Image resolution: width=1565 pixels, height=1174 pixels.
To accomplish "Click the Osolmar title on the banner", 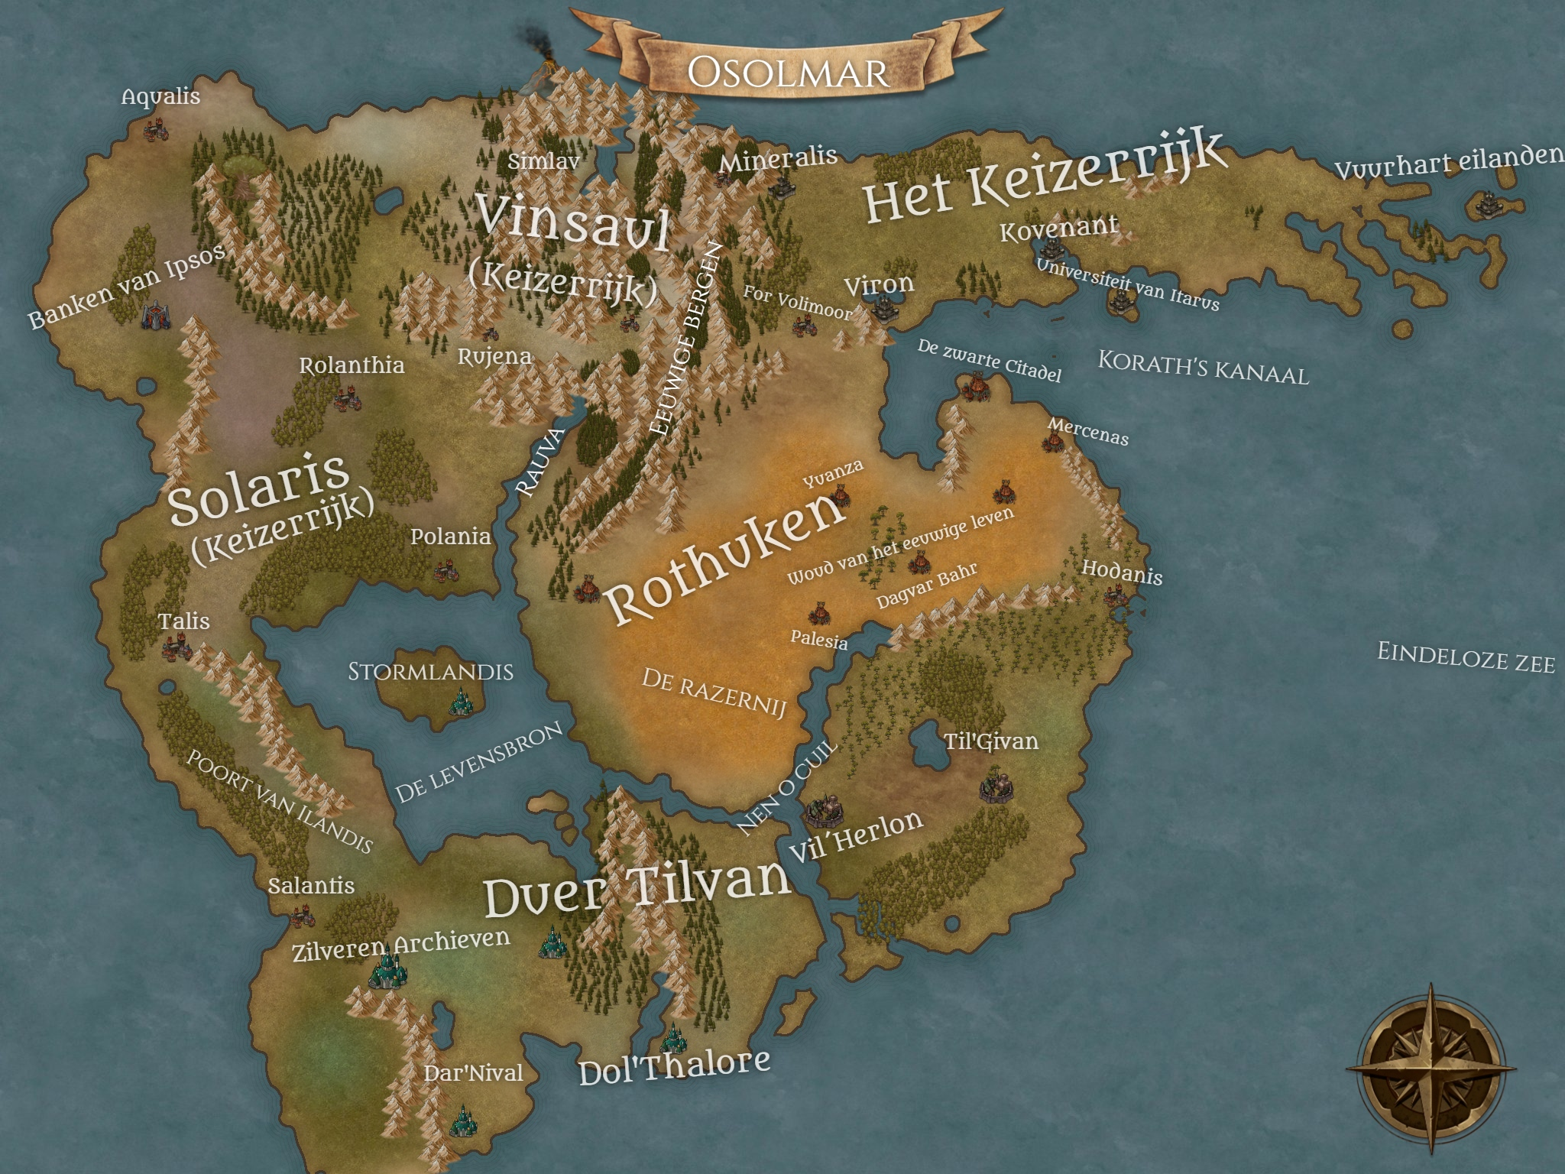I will pyautogui.click(x=788, y=73).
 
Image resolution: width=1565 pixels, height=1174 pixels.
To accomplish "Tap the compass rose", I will pyautogui.click(x=1431, y=1068).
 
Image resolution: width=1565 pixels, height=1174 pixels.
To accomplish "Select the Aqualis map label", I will pyautogui.click(x=160, y=97).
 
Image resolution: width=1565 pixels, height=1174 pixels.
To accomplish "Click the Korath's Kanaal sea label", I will pyautogui.click(x=1203, y=366).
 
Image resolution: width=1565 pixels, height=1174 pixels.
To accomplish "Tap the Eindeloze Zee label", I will pyautogui.click(x=1466, y=658).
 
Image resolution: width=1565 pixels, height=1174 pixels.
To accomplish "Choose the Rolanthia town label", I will pyautogui.click(x=352, y=365).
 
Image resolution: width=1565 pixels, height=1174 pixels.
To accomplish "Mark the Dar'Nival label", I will pyautogui.click(x=474, y=1073).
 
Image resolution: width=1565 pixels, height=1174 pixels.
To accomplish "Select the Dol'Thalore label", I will pyautogui.click(x=674, y=1066).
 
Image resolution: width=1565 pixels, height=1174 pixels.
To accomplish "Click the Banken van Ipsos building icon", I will pyautogui.click(x=156, y=315).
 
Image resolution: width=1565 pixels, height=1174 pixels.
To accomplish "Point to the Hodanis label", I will pyautogui.click(x=1122, y=572).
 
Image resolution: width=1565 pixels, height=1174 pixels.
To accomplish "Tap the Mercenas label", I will pyautogui.click(x=1088, y=432).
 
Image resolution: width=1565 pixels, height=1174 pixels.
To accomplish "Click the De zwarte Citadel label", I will pyautogui.click(x=989, y=359).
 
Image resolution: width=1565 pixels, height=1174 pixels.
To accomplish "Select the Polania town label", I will pyautogui.click(x=450, y=537).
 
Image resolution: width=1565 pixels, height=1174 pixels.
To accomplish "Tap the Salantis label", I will pyautogui.click(x=311, y=886).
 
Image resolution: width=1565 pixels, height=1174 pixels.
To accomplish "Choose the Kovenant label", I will pyautogui.click(x=1059, y=228).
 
